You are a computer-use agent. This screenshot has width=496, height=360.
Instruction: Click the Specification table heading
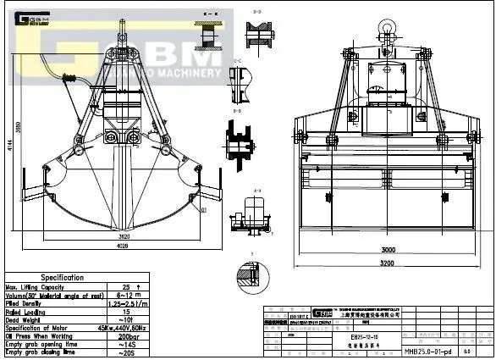pos(62,277)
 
